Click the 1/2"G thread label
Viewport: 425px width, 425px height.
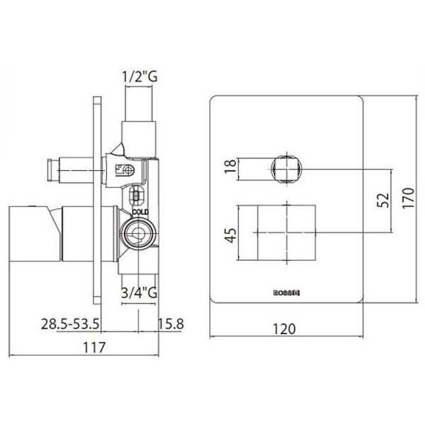140,75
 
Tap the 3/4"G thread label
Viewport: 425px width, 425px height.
139,293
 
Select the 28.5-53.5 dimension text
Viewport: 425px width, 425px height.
70,323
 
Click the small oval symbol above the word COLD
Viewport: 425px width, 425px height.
135,196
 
